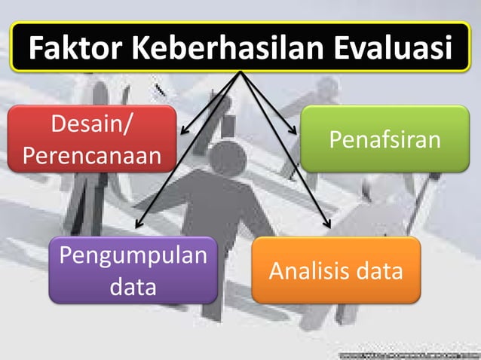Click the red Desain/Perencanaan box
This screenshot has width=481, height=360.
pos(93,139)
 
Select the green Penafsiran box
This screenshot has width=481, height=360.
pos(385,139)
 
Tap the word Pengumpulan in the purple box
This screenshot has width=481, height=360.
pos(133,256)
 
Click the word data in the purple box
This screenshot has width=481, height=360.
pos(133,286)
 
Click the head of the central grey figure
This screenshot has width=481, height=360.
pos(226,156)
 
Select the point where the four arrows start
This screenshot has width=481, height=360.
pos(241,73)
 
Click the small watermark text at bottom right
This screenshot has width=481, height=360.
pos(408,352)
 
